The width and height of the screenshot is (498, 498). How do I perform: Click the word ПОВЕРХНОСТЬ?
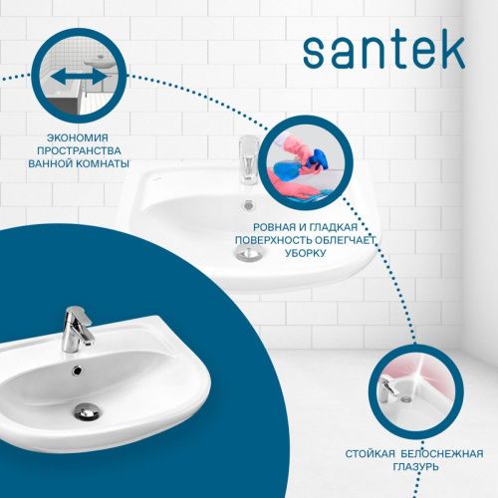tap(275, 241)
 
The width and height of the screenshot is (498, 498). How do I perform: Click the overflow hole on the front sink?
tap(76, 370)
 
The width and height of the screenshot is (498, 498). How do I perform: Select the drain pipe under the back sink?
tap(248, 255)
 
